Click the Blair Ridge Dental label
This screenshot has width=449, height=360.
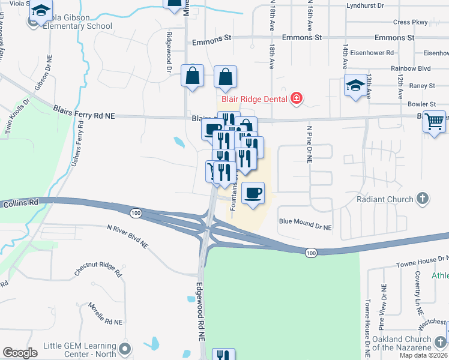pos(255,98)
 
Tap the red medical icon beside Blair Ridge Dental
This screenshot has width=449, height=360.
pos(295,98)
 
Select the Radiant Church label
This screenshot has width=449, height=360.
pos(385,199)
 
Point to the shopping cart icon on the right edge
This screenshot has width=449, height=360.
pos(434,121)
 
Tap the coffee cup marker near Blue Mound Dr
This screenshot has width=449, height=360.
pos(253,193)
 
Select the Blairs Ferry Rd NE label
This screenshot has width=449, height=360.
pos(83,112)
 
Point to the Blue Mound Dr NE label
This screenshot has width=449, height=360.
pos(305,224)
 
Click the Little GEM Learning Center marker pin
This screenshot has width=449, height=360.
pos(125,349)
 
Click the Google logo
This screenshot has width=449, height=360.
pos(20,352)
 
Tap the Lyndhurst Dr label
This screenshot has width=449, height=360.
pos(365,5)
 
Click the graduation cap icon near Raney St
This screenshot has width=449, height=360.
pos(355,86)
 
